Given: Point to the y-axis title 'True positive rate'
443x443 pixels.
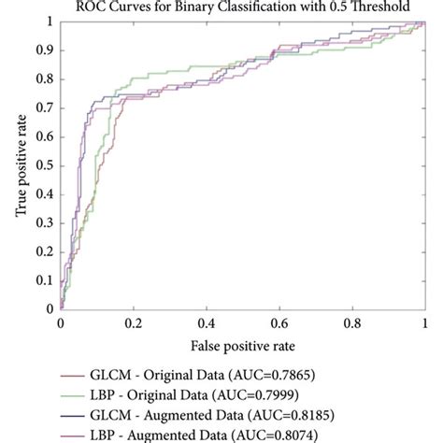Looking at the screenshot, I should tap(20, 165).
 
